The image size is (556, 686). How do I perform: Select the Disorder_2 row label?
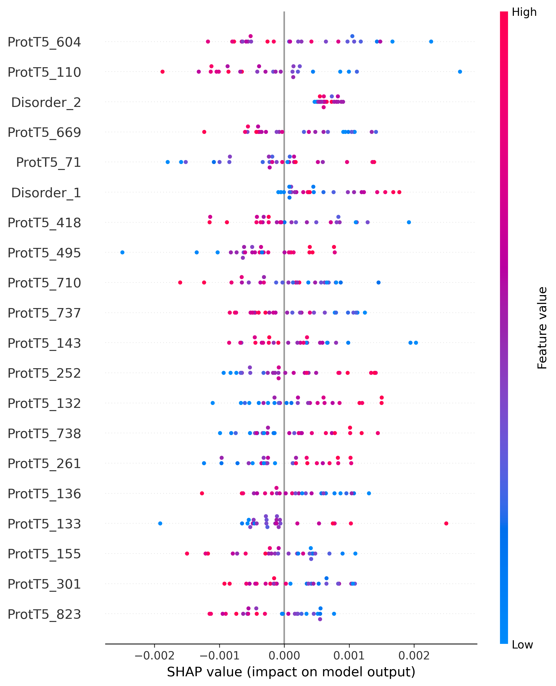click(x=46, y=102)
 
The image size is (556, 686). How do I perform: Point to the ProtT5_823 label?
click(x=44, y=614)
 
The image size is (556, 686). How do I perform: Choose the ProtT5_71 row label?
click(x=48, y=162)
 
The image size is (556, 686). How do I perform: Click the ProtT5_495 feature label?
click(x=44, y=253)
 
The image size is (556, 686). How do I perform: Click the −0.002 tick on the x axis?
click(x=154, y=655)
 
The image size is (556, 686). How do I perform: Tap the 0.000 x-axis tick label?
click(x=284, y=655)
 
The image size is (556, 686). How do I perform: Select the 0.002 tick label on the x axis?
click(x=414, y=655)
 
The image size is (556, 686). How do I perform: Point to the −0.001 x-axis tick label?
click(x=219, y=655)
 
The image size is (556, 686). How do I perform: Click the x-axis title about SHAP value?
click(x=291, y=672)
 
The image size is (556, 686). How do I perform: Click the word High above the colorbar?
click(x=524, y=12)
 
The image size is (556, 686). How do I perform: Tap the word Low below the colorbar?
click(x=522, y=644)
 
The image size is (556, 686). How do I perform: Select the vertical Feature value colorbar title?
click(x=542, y=328)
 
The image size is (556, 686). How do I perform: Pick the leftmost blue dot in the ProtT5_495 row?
click(x=122, y=252)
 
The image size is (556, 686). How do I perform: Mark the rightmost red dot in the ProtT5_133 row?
click(x=446, y=523)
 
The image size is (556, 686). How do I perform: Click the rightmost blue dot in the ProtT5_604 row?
click(x=431, y=42)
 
